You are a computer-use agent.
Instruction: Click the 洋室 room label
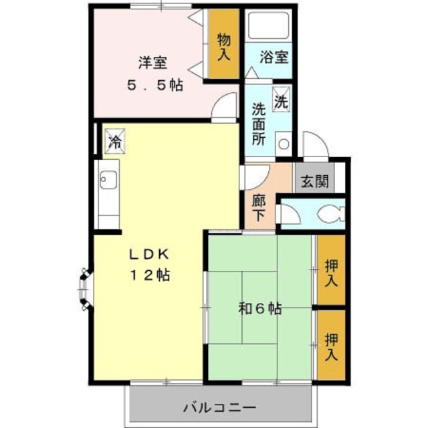152,64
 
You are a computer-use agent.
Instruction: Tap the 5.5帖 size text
155,86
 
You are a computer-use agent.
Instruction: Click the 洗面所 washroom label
259,124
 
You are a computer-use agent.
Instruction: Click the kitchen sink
108,179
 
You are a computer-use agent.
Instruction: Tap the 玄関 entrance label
313,181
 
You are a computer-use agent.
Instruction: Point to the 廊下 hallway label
259,207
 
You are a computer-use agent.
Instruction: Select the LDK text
151,254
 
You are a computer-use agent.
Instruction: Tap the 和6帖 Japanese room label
260,308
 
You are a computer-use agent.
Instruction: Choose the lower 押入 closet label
331,346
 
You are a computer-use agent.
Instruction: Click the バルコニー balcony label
219,407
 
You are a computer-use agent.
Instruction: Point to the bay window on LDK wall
84,290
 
